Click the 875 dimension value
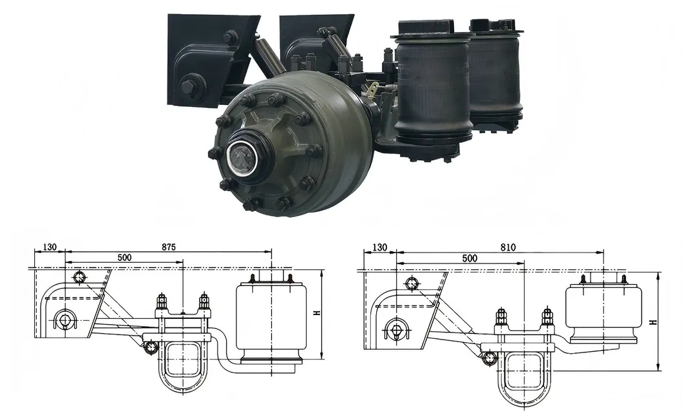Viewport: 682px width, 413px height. (169, 247)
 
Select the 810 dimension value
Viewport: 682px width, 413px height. (508, 247)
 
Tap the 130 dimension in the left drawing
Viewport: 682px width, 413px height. (50, 247)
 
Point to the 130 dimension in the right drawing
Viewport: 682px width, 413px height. (380, 247)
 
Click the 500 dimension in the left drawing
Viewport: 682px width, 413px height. (124, 257)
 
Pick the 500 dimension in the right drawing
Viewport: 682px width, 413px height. (469, 258)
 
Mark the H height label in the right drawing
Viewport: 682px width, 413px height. (653, 322)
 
